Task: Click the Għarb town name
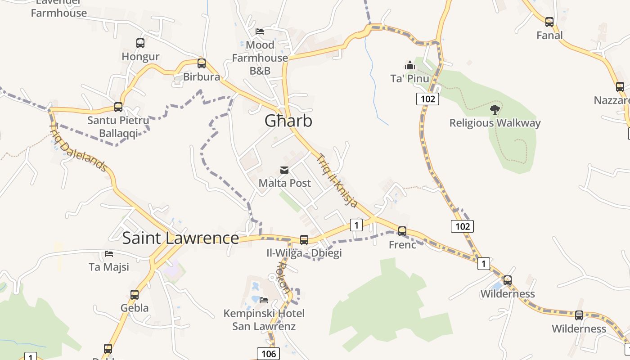coord(288,121)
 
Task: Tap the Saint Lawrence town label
coord(180,238)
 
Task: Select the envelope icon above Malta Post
coord(284,170)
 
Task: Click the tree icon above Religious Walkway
coord(495,109)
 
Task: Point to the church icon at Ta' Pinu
coord(409,66)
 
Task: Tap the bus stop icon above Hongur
coord(140,43)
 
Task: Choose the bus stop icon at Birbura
coord(202,63)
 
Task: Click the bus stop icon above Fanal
coord(549,22)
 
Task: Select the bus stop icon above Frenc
coord(402,231)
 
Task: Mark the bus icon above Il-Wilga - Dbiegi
coord(304,239)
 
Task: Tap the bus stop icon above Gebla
coord(135,295)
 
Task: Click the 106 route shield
coord(269,354)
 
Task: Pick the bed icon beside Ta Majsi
coord(109,254)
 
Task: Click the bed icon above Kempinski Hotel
coord(264,300)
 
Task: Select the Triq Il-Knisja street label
coord(337,181)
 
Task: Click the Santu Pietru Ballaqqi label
coord(118,127)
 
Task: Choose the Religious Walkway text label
coord(495,123)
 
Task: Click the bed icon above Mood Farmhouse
coord(260,31)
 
